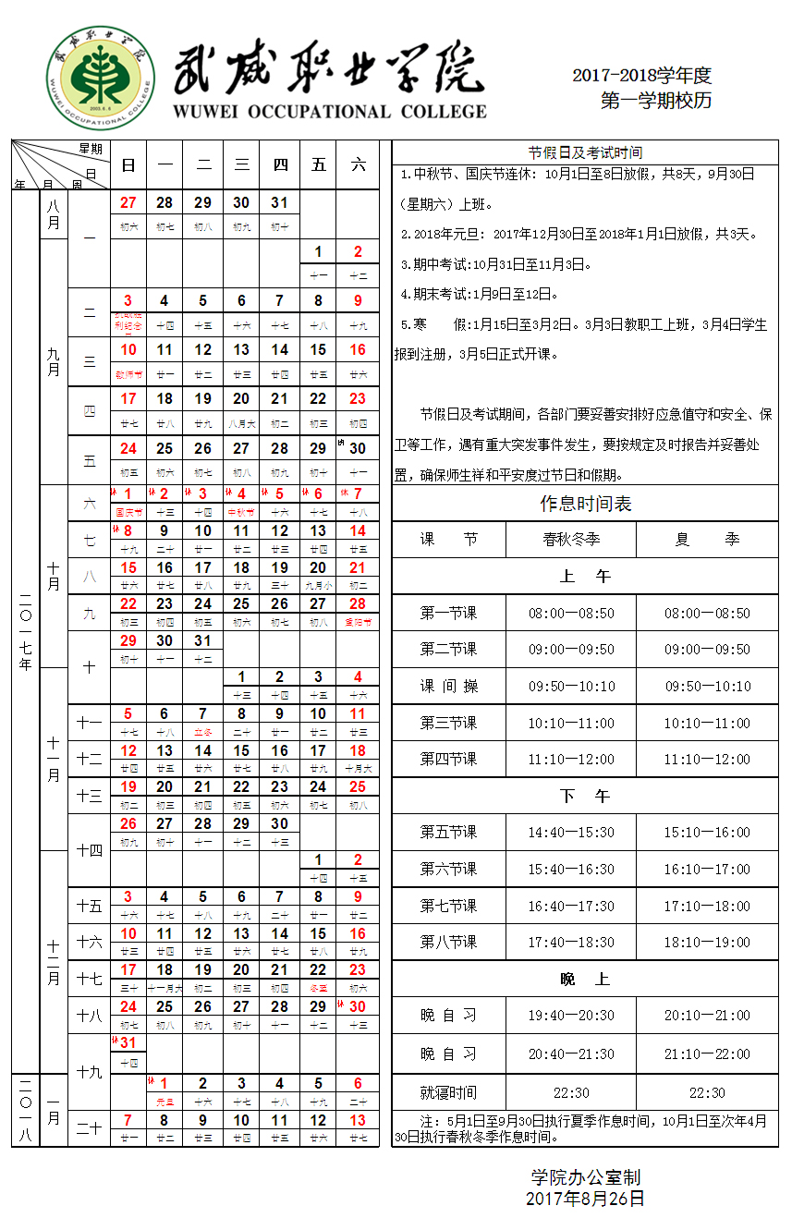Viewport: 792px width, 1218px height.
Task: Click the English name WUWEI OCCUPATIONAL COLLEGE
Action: (329, 112)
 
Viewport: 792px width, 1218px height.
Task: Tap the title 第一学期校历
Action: (656, 101)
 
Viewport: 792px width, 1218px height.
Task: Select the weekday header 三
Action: (242, 165)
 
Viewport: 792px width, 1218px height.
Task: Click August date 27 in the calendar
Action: (128, 203)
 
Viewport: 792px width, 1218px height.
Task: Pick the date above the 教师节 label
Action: (128, 350)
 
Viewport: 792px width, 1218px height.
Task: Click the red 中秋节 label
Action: (242, 511)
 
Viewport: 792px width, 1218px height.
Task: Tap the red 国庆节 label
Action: (128, 511)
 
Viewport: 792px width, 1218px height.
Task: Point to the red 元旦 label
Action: (164, 1102)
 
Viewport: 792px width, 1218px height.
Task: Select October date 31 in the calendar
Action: (203, 640)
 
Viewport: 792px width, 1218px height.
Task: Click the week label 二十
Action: (89, 1128)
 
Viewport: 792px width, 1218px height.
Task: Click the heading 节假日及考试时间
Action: (585, 152)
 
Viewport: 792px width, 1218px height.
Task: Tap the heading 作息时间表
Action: (585, 504)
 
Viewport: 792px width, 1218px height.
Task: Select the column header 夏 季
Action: (707, 540)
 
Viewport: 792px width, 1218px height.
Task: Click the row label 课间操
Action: (448, 686)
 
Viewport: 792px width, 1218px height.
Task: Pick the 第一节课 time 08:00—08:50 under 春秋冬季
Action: (571, 613)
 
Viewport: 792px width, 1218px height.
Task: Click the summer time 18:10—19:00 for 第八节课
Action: (707, 943)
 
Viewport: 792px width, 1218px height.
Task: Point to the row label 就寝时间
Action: (448, 1092)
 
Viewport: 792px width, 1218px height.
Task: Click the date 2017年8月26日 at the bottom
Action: (585, 1199)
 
